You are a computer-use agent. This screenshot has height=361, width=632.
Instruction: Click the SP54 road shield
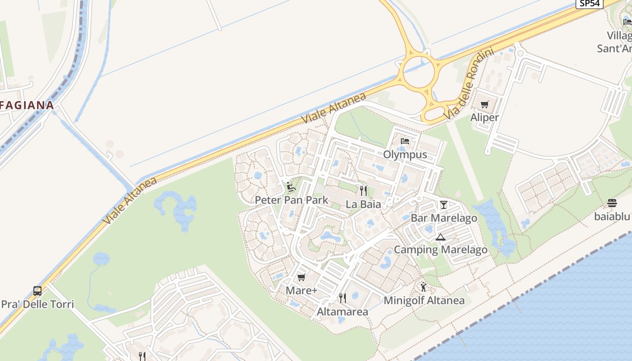pyautogui.click(x=590, y=3)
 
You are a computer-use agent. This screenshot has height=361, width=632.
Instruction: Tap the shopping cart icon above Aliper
pyautogui.click(x=484, y=105)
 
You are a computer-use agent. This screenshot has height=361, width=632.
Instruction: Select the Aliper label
pyautogui.click(x=484, y=117)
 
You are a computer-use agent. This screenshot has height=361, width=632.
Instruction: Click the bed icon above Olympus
pyautogui.click(x=404, y=141)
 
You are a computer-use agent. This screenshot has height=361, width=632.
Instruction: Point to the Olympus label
pyautogui.click(x=405, y=154)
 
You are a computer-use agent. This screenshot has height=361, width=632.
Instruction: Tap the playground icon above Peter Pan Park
pyautogui.click(x=291, y=186)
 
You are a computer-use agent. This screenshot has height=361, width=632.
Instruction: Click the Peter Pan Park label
pyautogui.click(x=292, y=200)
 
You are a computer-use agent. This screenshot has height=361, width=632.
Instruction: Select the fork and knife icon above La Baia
pyautogui.click(x=363, y=191)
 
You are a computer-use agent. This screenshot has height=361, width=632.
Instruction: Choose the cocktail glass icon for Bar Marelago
pyautogui.click(x=443, y=205)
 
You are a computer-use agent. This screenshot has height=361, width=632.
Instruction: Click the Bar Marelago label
pyautogui.click(x=444, y=218)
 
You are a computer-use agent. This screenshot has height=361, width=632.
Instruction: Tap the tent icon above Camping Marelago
pyautogui.click(x=440, y=236)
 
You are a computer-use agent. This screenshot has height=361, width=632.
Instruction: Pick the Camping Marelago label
pyautogui.click(x=441, y=250)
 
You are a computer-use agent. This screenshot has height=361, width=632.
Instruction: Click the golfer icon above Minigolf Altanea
pyautogui.click(x=423, y=287)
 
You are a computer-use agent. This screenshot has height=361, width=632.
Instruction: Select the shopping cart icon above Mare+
pyautogui.click(x=301, y=277)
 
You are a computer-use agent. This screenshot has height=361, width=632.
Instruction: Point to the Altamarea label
pyautogui.click(x=343, y=312)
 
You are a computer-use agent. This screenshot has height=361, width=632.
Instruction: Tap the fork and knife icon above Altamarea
pyautogui.click(x=343, y=298)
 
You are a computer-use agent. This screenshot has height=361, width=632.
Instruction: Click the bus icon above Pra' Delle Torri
pyautogui.click(x=37, y=291)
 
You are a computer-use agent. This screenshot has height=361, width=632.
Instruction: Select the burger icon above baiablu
pyautogui.click(x=612, y=203)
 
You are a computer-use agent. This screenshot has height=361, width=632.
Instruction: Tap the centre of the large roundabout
pyautogui.click(x=419, y=71)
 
